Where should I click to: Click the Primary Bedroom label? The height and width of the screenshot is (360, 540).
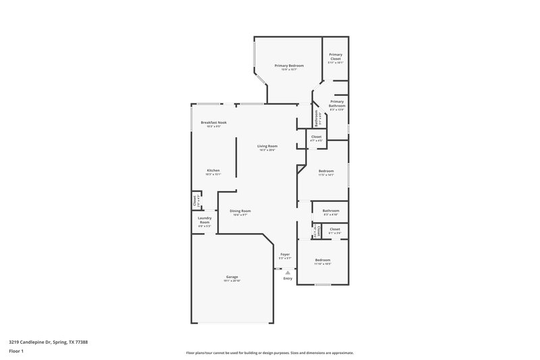[289, 65]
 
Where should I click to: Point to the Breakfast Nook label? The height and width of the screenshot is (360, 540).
[213, 122]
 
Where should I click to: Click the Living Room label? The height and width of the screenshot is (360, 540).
[267, 146]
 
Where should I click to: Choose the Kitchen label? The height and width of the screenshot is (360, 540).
[213, 170]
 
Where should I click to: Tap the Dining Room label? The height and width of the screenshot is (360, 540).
[240, 211]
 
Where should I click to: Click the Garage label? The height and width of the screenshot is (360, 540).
[232, 277]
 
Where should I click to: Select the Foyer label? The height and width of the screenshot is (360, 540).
[285, 255]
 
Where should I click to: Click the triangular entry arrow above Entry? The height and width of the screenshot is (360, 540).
[288, 272]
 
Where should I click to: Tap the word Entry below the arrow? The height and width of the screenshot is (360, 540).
[288, 278]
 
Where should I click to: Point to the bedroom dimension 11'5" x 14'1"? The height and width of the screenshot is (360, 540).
[326, 174]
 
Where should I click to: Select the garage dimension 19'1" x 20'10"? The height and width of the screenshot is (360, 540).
[232, 280]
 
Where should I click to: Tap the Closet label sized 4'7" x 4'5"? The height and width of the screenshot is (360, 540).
[316, 136]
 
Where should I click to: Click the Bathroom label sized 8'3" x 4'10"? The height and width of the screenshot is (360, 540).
[331, 211]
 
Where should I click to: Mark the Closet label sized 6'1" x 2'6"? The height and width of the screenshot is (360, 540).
[335, 230]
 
